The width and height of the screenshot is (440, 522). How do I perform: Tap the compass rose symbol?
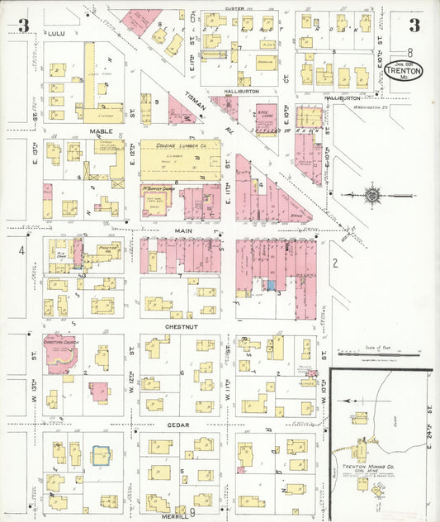pyautogui.click(x=371, y=196)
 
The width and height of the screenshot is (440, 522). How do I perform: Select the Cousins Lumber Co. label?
pyautogui.click(x=173, y=145)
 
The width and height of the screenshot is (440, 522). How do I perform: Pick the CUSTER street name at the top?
pyautogui.click(x=236, y=9)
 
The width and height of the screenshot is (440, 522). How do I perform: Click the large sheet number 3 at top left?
pyautogui.click(x=24, y=26)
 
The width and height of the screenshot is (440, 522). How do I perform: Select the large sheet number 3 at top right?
pyautogui.click(x=413, y=25)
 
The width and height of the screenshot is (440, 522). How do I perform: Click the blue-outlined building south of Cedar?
pyautogui.click(x=101, y=456)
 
